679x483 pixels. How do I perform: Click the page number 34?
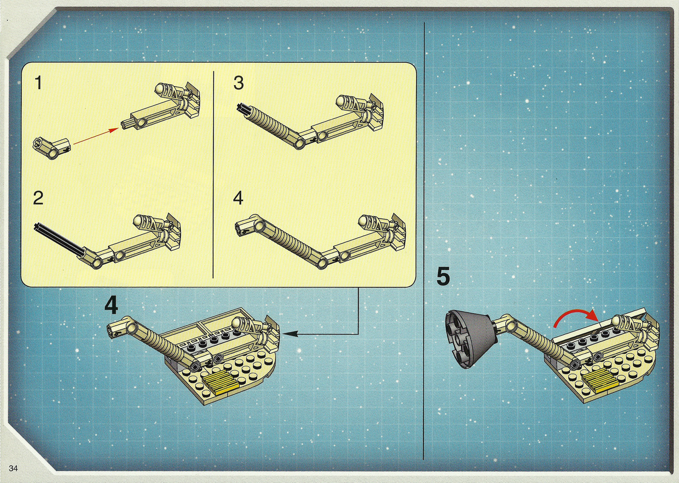[14, 468]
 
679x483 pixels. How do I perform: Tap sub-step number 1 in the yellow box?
[38, 83]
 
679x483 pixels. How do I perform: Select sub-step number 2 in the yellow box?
[38, 198]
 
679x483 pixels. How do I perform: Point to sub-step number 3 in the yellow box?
[238, 83]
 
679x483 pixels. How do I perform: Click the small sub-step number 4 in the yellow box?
[238, 198]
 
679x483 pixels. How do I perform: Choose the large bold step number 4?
[111, 305]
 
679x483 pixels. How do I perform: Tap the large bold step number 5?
[443, 276]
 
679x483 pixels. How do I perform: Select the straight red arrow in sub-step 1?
[96, 137]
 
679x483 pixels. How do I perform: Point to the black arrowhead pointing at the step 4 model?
[289, 333]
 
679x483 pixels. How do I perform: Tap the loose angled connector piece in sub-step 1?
[51, 147]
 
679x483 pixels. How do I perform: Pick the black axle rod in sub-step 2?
[60, 239]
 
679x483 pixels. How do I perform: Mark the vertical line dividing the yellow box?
[214, 175]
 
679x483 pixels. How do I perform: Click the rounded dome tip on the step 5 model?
[618, 320]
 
